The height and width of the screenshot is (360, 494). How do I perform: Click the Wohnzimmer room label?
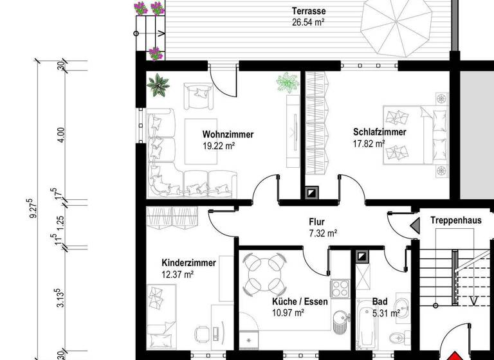pos(228,135)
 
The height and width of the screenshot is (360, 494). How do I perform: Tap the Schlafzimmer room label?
pos(379,132)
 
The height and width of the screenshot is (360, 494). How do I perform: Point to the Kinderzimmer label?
pos(188,263)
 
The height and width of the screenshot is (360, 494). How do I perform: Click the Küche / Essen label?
pos(300,301)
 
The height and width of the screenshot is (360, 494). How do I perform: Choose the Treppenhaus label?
pos(455,220)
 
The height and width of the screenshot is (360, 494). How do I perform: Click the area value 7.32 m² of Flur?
pos(324,234)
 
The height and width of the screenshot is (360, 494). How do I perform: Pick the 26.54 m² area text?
pos(307,22)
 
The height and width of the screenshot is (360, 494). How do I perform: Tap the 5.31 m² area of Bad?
pos(386,313)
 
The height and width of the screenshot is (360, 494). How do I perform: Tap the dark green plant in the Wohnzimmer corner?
pos(157,84)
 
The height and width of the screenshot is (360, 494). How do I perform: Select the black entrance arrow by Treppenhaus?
pos(415,224)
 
